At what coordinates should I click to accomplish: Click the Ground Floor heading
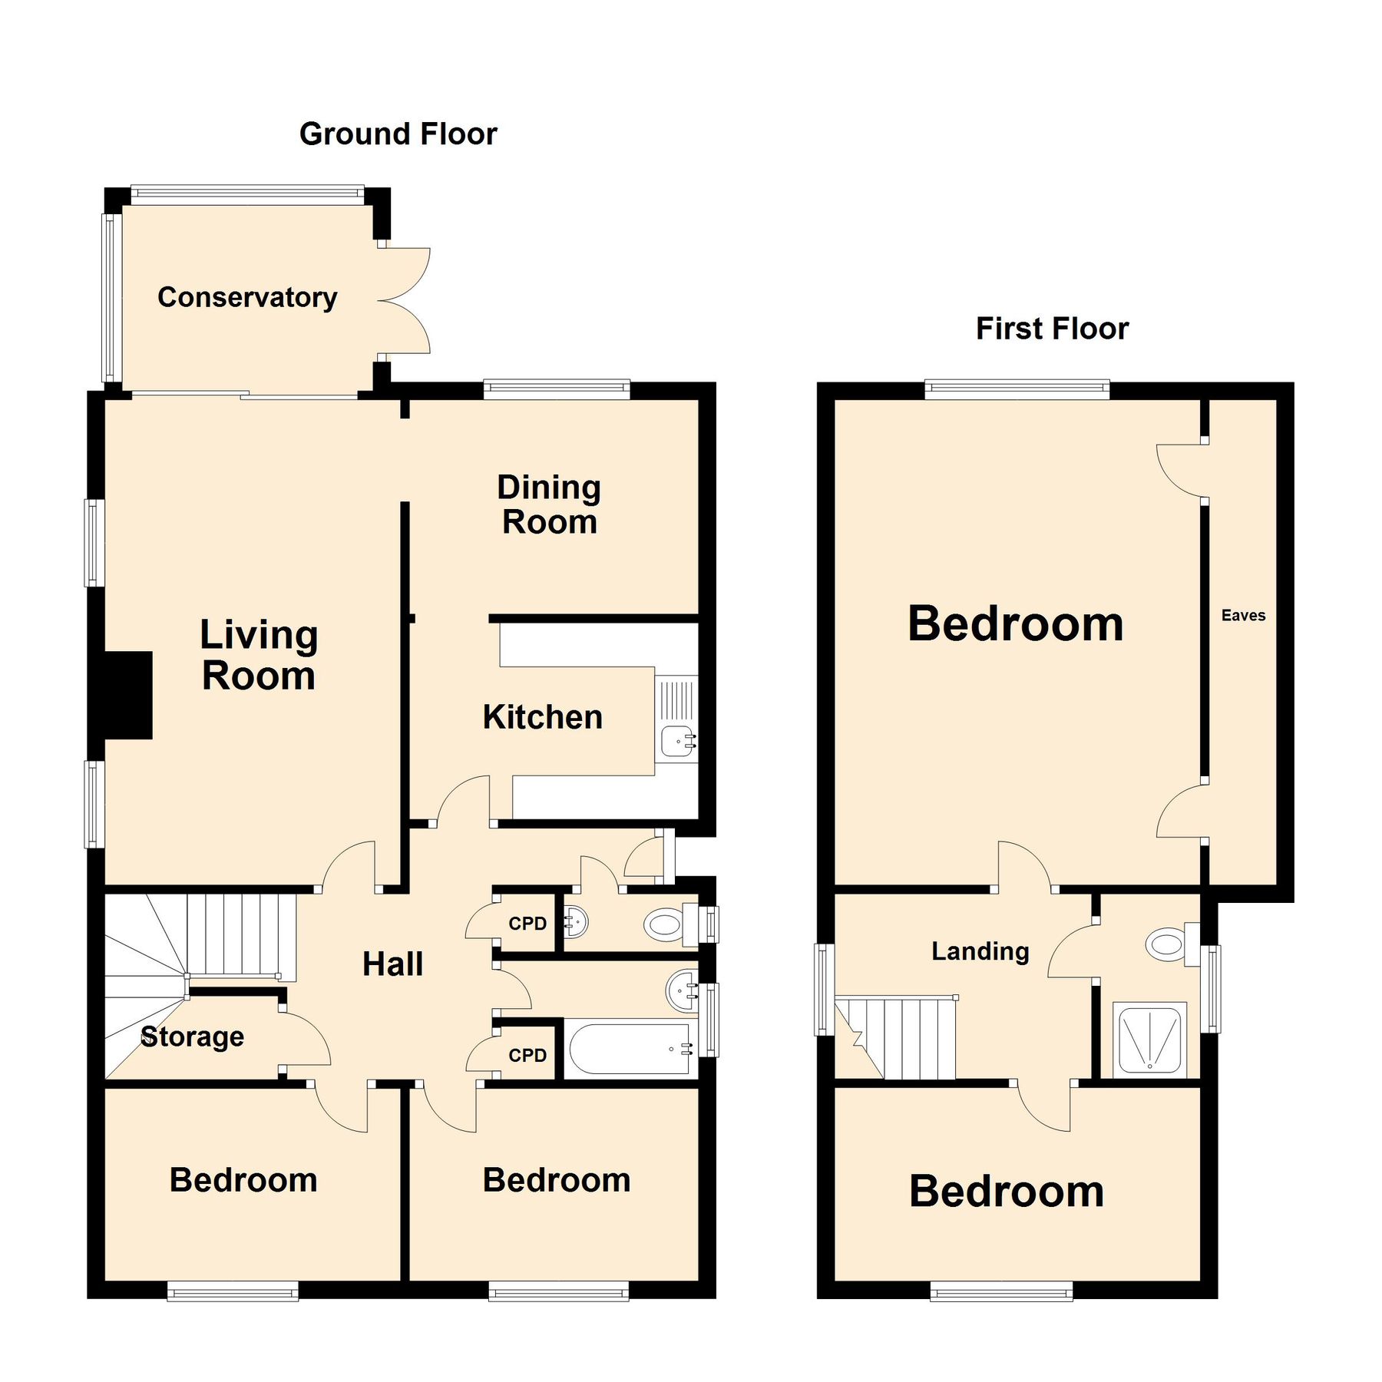pyautogui.click(x=398, y=134)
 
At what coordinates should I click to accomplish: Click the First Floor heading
pyautogui.click(x=1051, y=329)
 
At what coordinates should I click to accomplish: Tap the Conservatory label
pyautogui.click(x=246, y=297)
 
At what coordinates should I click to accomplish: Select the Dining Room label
pyautogui.click(x=548, y=504)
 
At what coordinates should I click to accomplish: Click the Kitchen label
pyautogui.click(x=542, y=717)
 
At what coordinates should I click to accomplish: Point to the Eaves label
pyautogui.click(x=1242, y=615)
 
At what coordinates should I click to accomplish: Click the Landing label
pyautogui.click(x=980, y=951)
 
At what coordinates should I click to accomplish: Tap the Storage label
pyautogui.click(x=192, y=1036)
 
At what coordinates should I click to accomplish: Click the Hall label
pyautogui.click(x=392, y=964)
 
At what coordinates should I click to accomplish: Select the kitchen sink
pyautogui.click(x=678, y=741)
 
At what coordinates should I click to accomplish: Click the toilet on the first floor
pyautogui.click(x=1169, y=944)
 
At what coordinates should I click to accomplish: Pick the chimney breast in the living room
pyautogui.click(x=127, y=695)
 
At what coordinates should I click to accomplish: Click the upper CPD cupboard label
pyautogui.click(x=527, y=924)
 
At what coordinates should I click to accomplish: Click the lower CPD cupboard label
pyautogui.click(x=527, y=1056)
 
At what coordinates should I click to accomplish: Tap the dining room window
pyautogui.click(x=556, y=389)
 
